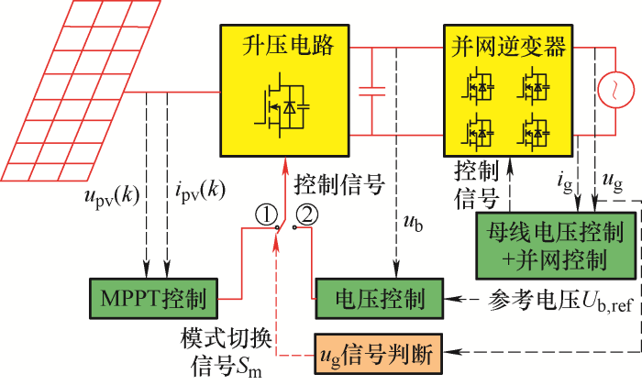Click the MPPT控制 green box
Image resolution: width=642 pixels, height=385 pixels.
click(x=153, y=298)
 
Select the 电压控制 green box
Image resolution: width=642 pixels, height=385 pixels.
click(x=379, y=298)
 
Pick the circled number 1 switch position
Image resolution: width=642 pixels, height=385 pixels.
click(x=266, y=215)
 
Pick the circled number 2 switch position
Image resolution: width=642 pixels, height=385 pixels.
click(x=307, y=215)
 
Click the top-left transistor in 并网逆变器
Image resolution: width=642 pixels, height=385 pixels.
click(x=478, y=87)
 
